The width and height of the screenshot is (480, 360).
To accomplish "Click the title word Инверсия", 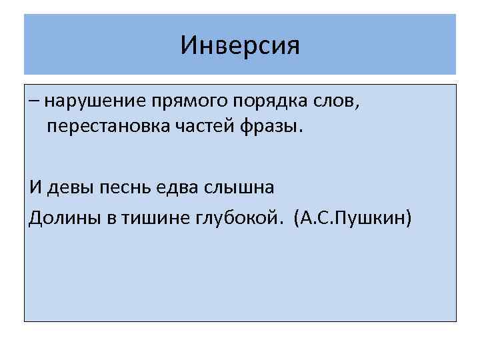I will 241,46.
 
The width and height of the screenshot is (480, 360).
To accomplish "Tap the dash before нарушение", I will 34,102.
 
